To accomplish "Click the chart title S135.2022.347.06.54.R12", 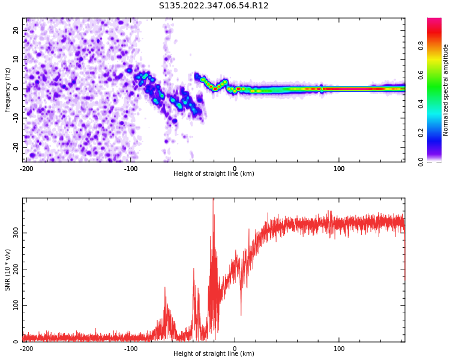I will tap(214, 5).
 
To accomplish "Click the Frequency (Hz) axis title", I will tap(7, 90).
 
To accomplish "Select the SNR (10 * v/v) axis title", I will tap(7, 270).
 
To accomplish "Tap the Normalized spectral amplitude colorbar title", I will tap(446, 90).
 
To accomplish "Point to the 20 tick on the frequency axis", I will tap(16, 30).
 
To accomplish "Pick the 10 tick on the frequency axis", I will tap(16, 59).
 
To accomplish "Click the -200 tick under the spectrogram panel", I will tap(26, 169).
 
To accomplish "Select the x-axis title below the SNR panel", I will tap(214, 354).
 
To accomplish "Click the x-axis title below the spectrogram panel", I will tap(214, 174).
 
